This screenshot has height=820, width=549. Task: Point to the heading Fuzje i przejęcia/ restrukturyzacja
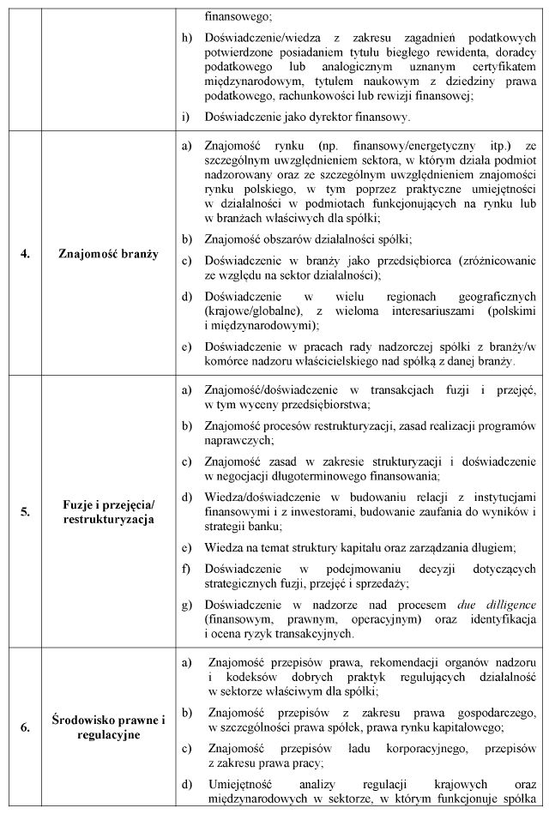[x=108, y=511]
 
